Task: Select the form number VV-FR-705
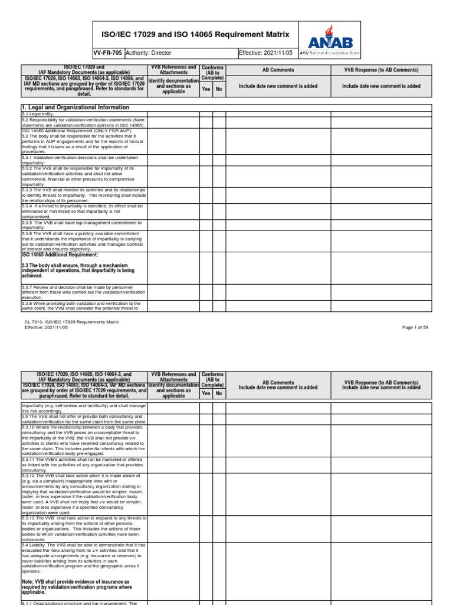pyautogui.click(x=109, y=53)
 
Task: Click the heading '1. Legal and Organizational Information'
pyautogui.click(x=75, y=108)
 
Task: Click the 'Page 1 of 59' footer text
pyautogui.click(x=417, y=327)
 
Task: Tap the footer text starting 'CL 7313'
pyautogui.click(x=70, y=322)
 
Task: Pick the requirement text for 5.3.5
pyautogui.click(x=82, y=225)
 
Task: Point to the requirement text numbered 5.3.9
pyautogui.click(x=83, y=419)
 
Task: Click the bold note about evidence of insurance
pyautogui.click(x=75, y=587)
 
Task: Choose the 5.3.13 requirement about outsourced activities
pyautogui.click(x=82, y=528)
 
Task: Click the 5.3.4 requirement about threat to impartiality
pyautogui.click(x=82, y=212)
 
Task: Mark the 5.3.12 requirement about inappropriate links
pyautogui.click(x=83, y=494)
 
